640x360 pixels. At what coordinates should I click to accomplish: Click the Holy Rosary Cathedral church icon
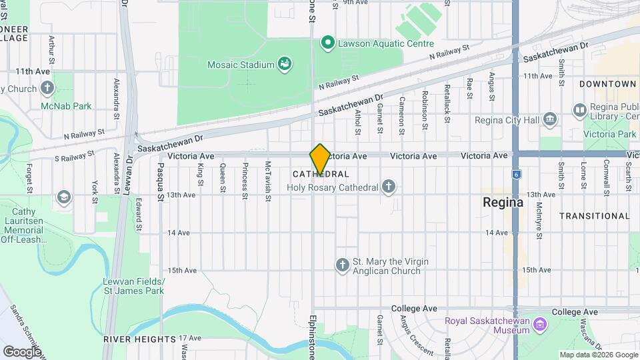pyautogui.click(x=389, y=187)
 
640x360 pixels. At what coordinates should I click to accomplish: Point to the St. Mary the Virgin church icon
pyautogui.click(x=343, y=265)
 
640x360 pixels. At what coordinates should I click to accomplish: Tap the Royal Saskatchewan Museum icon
pyautogui.click(x=540, y=325)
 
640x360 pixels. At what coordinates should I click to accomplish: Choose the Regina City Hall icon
pyautogui.click(x=550, y=120)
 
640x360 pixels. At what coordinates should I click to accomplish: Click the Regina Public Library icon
pyautogui.click(x=579, y=109)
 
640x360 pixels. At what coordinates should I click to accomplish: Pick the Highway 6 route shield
pyautogui.click(x=515, y=174)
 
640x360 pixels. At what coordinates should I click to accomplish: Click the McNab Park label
pyautogui.click(x=66, y=106)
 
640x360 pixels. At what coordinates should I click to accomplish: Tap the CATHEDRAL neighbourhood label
pyautogui.click(x=321, y=174)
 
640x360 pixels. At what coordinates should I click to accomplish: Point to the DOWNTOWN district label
pyautogui.click(x=607, y=84)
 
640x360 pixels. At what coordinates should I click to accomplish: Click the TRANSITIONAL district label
pyautogui.click(x=594, y=216)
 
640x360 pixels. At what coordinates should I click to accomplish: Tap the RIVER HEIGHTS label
pyautogui.click(x=139, y=339)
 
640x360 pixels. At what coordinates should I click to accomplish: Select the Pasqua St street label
pyautogui.click(x=161, y=181)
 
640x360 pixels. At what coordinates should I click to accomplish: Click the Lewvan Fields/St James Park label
pyautogui.click(x=133, y=286)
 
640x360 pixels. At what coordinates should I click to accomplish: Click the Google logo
pyautogui.click(x=22, y=351)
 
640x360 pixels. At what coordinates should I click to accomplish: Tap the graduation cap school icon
pyautogui.click(x=64, y=197)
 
